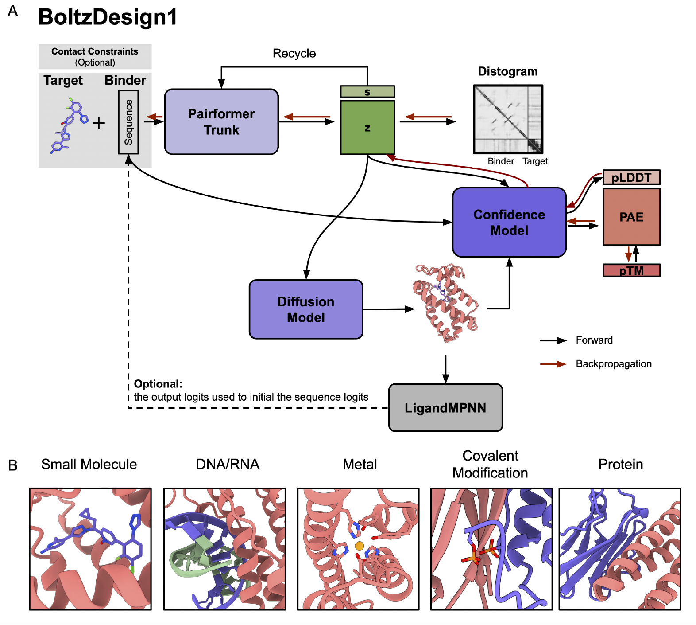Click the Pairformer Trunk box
click(221, 122)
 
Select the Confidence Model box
click(509, 223)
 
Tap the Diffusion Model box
click(306, 309)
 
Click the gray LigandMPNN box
click(445, 408)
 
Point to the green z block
click(367, 128)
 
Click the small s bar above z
click(367, 92)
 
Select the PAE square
click(631, 217)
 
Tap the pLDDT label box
click(631, 177)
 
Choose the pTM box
click(631, 270)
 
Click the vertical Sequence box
click(128, 122)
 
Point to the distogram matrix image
click(508, 119)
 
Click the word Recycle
click(294, 54)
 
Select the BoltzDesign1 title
click(108, 18)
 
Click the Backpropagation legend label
click(613, 364)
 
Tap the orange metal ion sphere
click(360, 546)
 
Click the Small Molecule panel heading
click(89, 464)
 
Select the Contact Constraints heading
click(95, 51)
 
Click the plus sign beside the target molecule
click(99, 123)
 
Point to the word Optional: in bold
click(158, 384)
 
